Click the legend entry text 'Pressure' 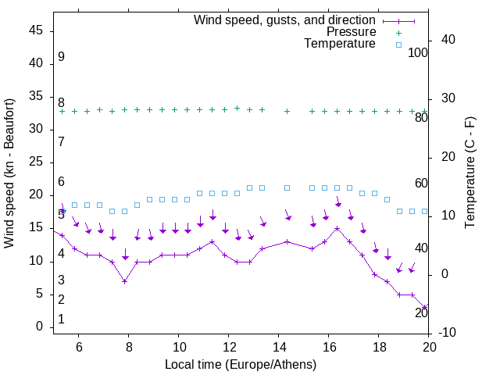coord(351,32)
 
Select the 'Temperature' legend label coord(340,44)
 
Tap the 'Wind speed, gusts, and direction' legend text coord(285,20)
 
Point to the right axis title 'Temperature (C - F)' coord(470,173)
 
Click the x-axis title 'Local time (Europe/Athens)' coord(241,365)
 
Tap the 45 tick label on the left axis coord(36,30)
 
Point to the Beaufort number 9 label coord(61,57)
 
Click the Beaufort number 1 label coord(61,320)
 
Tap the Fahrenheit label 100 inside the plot coord(418,53)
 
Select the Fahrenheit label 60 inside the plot coord(421,183)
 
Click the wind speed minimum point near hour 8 coord(124,281)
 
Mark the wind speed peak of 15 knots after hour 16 coord(337,228)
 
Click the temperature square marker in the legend coord(398,45)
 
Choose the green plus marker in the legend coord(398,33)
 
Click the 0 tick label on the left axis coord(40,327)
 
